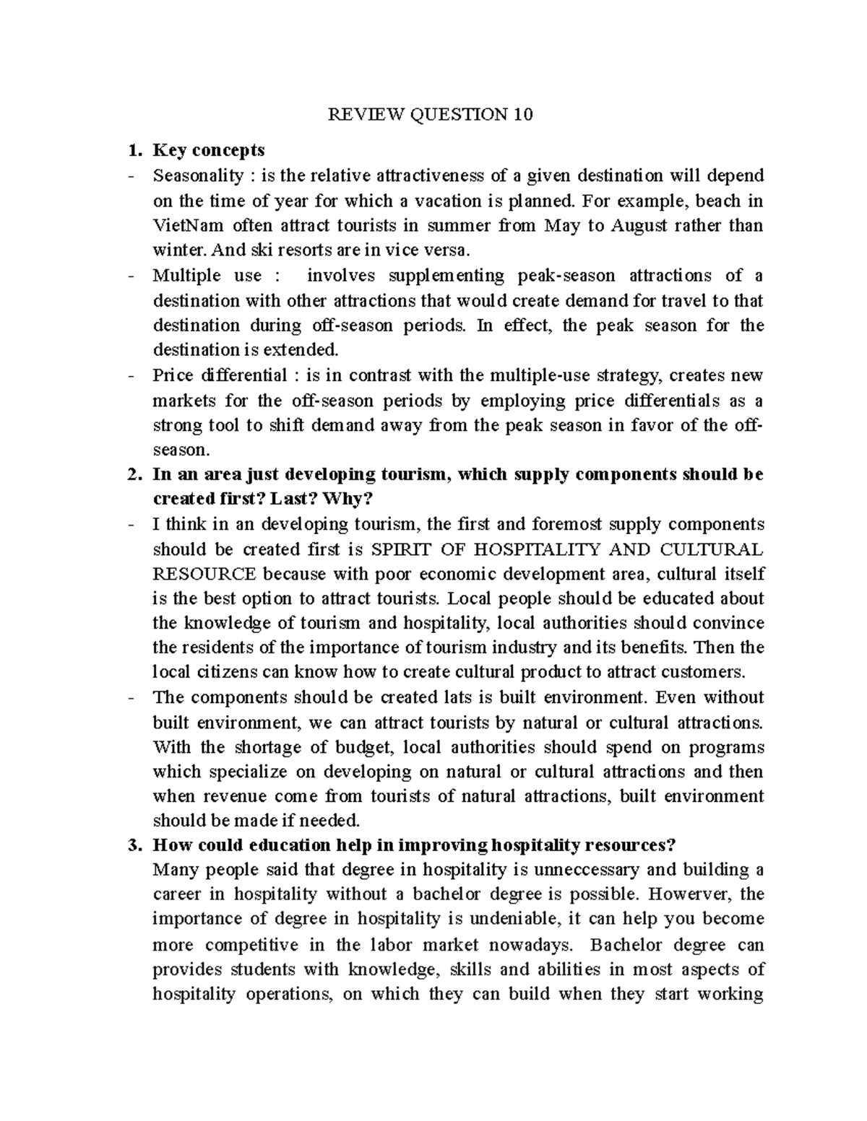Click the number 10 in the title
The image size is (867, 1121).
point(523,114)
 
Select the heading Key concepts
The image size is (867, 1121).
point(209,150)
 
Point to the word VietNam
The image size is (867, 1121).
point(185,225)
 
